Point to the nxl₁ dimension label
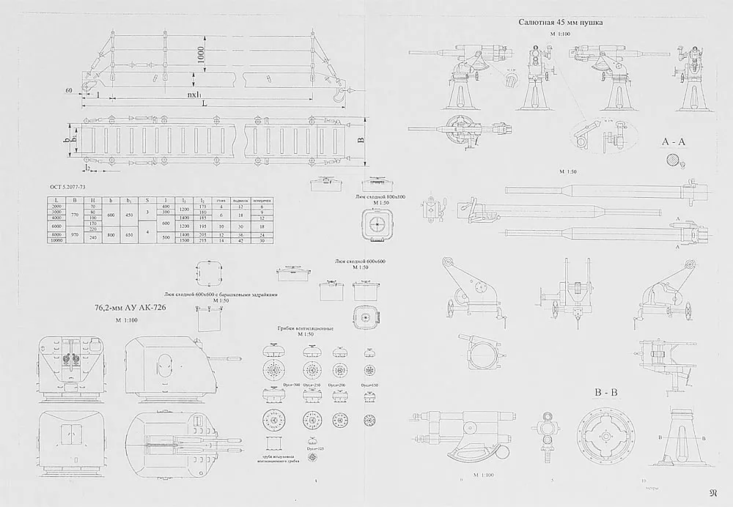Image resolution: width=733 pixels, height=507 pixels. pyautogui.click(x=196, y=95)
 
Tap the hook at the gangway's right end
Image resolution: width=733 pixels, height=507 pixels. pyautogui.click(x=338, y=95)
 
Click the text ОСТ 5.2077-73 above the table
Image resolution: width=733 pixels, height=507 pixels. pyautogui.click(x=73, y=188)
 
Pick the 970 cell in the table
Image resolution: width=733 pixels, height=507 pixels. pyautogui.click(x=72, y=237)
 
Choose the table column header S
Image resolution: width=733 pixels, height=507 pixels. pyautogui.click(x=147, y=199)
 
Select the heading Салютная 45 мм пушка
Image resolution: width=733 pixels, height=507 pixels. pyautogui.click(x=561, y=23)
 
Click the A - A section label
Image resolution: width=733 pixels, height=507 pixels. pyautogui.click(x=672, y=141)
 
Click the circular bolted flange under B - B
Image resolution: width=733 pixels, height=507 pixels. pyautogui.click(x=607, y=435)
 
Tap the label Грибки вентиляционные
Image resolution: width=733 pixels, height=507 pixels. pyautogui.click(x=305, y=329)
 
